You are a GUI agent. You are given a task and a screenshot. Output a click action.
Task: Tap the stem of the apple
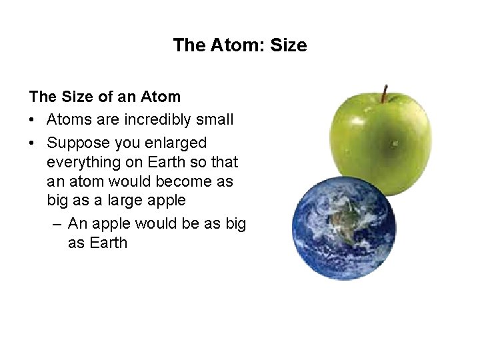pyautogui.click(x=385, y=93)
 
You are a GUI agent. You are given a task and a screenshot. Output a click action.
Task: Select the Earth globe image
pyautogui.click(x=344, y=231)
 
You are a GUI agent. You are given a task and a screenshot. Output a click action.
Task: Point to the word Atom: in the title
pyautogui.click(x=243, y=45)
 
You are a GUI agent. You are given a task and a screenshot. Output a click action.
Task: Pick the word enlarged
pyautogui.click(x=176, y=143)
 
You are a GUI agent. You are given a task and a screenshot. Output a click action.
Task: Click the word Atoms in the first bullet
pyautogui.click(x=69, y=120)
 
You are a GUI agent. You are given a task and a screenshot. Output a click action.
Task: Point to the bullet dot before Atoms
pyautogui.click(x=33, y=120)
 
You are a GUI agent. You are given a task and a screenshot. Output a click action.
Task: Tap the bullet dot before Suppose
pyautogui.click(x=33, y=143)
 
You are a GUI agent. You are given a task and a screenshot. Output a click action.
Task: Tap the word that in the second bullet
pyautogui.click(x=225, y=162)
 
